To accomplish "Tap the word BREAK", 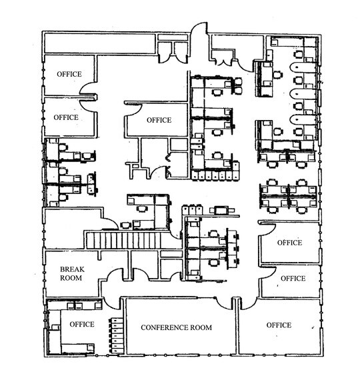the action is tap(72, 269).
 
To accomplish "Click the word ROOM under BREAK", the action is tap(71, 278).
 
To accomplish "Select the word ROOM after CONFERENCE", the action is tap(201, 327).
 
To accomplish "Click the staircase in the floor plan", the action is tap(133, 240).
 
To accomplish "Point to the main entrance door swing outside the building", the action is tap(199, 27).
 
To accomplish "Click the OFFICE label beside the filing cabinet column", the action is tap(82, 324).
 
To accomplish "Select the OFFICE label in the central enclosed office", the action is tap(159, 120).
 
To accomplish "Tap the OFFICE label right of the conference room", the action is tap(279, 325).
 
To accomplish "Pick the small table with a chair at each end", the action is tap(222, 210).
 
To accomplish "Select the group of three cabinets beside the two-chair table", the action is tap(192, 209).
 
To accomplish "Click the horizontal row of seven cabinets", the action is tap(215, 175).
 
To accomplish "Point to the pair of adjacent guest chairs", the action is tap(238, 86).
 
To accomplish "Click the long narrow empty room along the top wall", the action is tap(100, 43).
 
